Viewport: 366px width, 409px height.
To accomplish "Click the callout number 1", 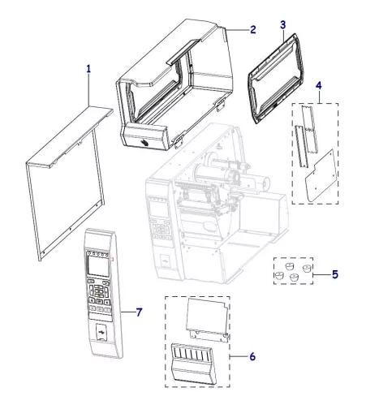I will (x=88, y=70).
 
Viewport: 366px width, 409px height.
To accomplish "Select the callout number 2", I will (x=252, y=30).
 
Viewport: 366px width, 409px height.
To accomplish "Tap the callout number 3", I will (x=282, y=25).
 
